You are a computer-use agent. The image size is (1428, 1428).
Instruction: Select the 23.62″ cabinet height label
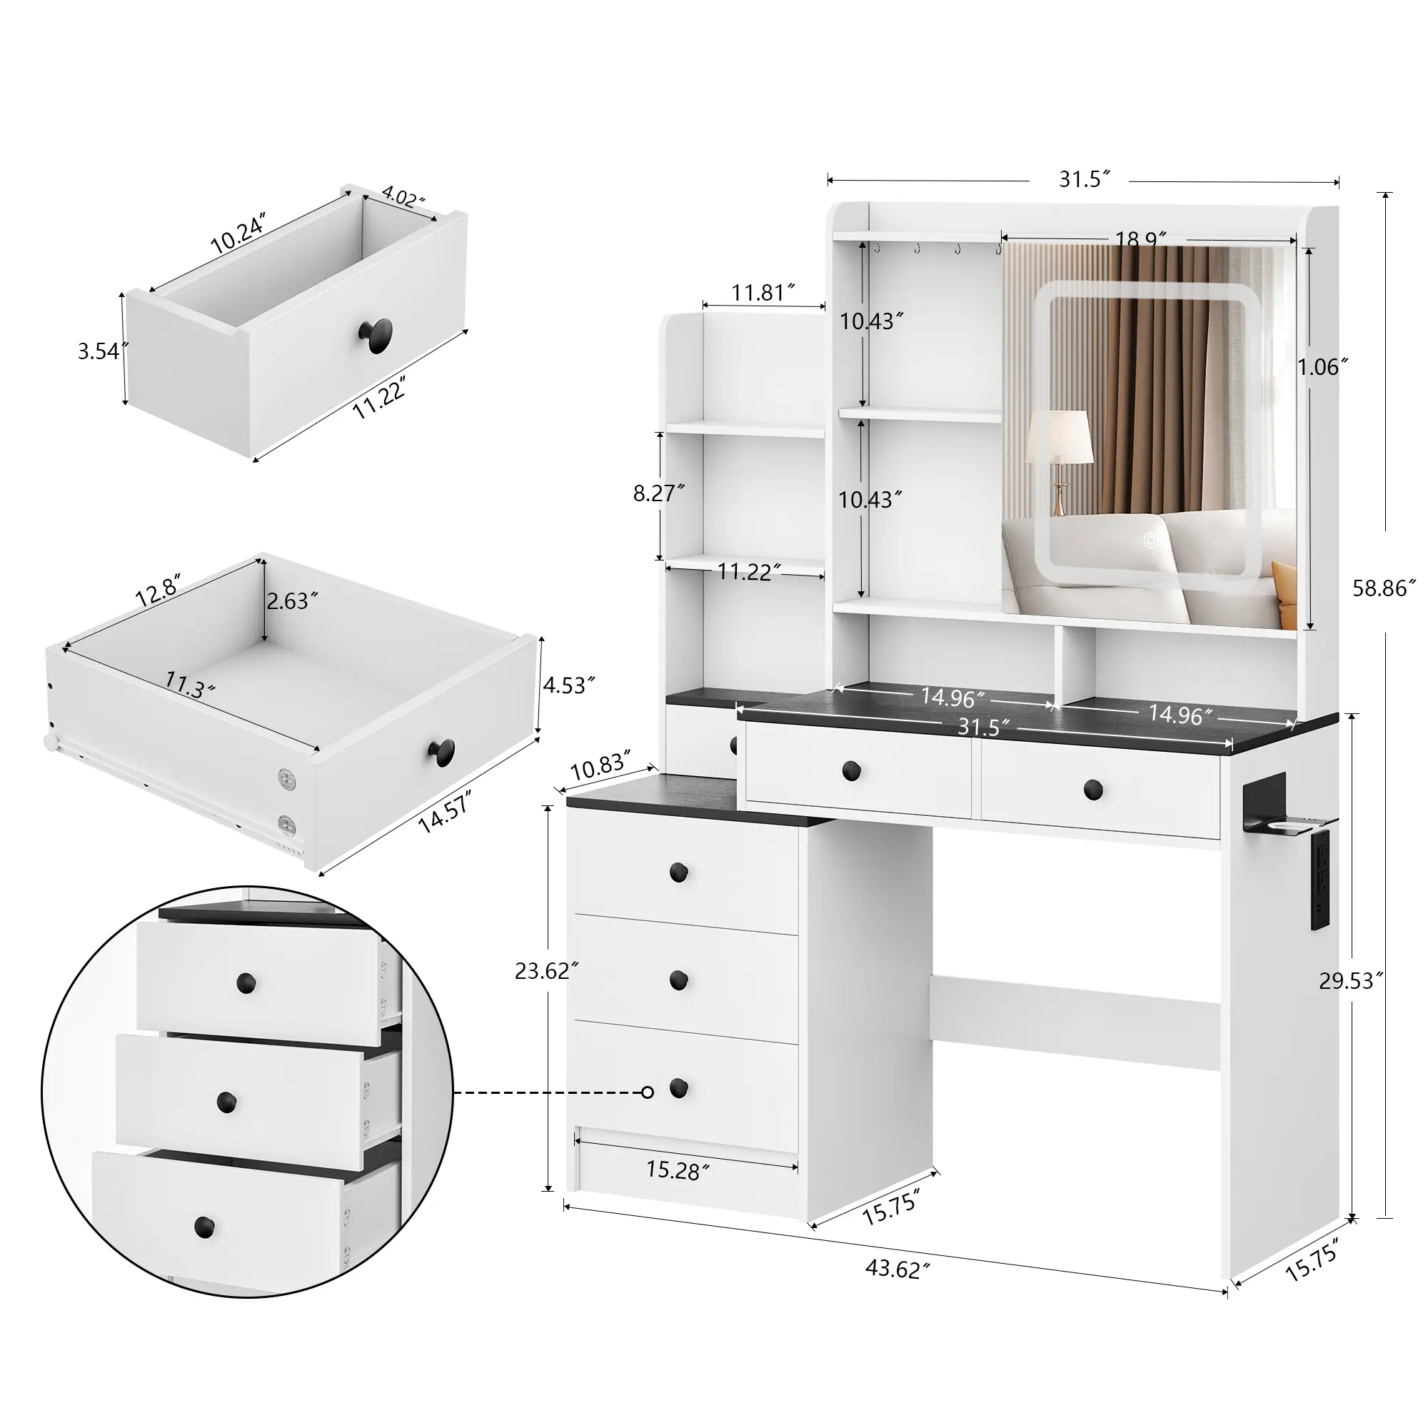pos(545,970)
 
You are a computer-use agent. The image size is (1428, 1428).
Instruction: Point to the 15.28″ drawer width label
pos(677,1170)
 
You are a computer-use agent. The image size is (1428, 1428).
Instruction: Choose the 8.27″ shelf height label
pos(658,493)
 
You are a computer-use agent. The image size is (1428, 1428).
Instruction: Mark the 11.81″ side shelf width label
pos(763,293)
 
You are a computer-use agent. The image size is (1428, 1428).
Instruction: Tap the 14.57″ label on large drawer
pos(445,811)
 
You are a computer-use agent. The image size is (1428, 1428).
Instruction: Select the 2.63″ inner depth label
pos(292,601)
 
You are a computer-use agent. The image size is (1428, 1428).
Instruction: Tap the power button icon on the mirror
pos(1151,540)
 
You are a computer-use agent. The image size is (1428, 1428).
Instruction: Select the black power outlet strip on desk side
pos(1321,878)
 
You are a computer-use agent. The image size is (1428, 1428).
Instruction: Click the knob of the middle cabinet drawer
pos(678,980)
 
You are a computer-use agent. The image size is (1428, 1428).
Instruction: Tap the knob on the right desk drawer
pos(1092,790)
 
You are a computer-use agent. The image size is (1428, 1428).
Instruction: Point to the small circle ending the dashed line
pos(648,1092)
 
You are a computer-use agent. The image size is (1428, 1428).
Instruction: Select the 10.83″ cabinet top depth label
pos(600,765)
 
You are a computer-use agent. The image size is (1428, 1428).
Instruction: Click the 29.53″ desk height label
pos(1350,980)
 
